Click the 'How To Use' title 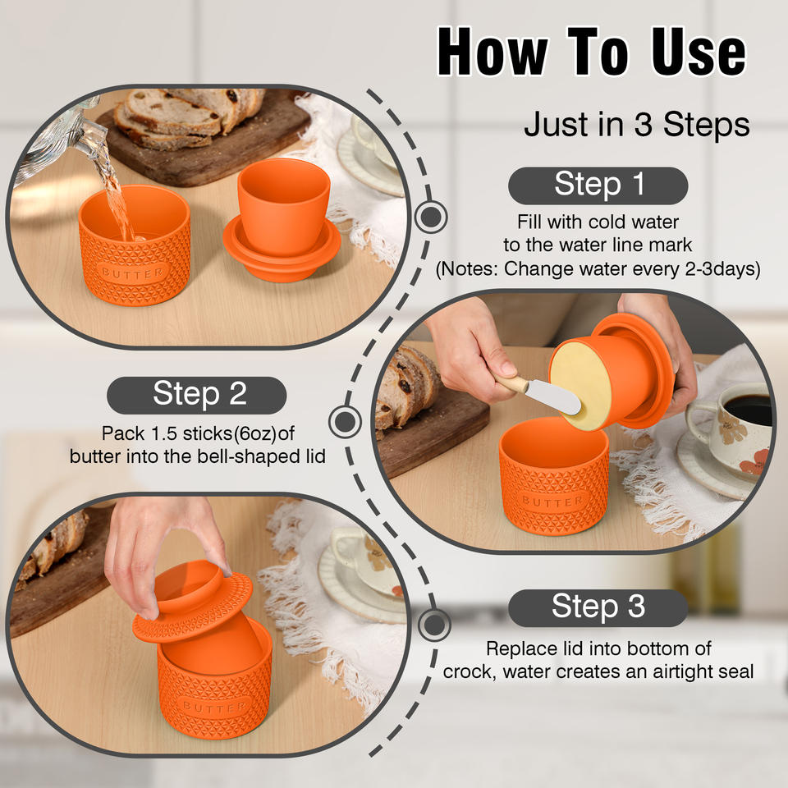592,51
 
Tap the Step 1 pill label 598,185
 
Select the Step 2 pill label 196,395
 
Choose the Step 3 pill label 598,607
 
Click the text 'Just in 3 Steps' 636,124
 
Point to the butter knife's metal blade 552,397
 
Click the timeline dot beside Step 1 431,217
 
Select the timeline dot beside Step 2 345,421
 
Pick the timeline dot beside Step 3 433,624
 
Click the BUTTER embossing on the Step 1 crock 133,273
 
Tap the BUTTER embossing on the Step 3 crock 214,707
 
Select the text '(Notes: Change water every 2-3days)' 598,269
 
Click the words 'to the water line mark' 598,245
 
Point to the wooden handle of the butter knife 509,381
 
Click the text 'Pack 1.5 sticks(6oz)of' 198,433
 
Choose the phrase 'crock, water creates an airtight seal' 598,672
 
